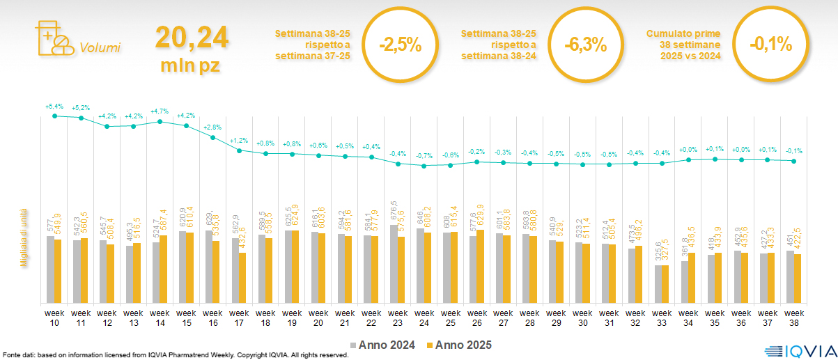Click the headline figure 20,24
click(x=192, y=38)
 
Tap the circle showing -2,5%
click(x=401, y=45)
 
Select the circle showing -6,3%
click(x=586, y=45)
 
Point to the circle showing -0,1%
click(x=771, y=45)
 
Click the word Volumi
click(x=100, y=48)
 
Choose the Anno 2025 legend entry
click(x=459, y=345)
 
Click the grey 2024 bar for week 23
click(x=394, y=264)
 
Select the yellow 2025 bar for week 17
click(x=242, y=278)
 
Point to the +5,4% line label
click(x=54, y=107)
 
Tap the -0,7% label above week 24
click(x=424, y=155)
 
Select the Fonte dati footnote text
click(x=174, y=355)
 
